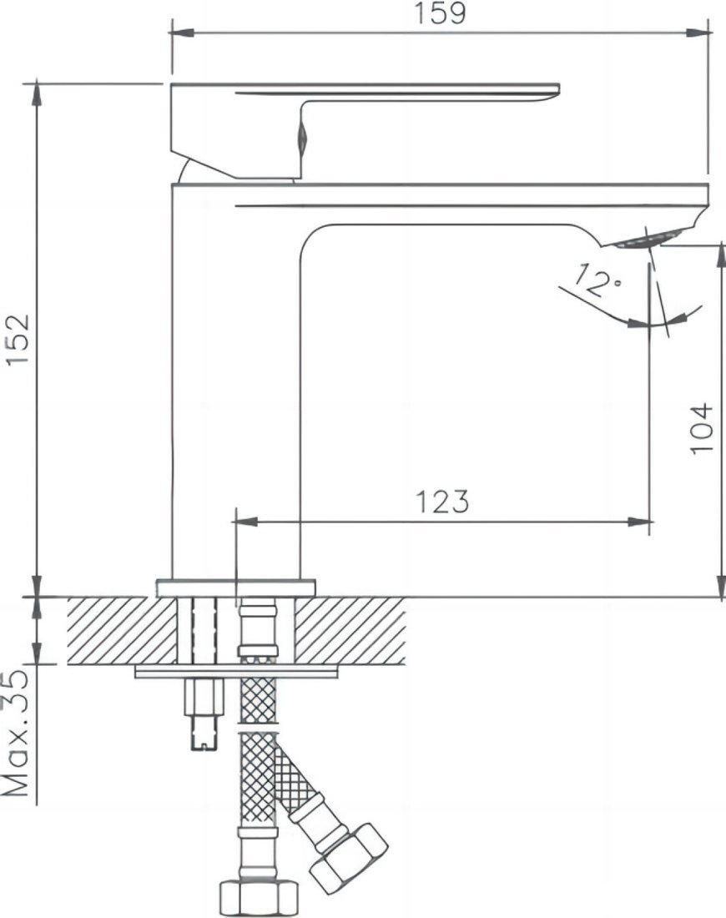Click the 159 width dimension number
click(441, 13)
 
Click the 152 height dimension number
click(18, 340)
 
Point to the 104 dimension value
click(702, 428)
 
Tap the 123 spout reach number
click(442, 502)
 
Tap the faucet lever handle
click(363, 129)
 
